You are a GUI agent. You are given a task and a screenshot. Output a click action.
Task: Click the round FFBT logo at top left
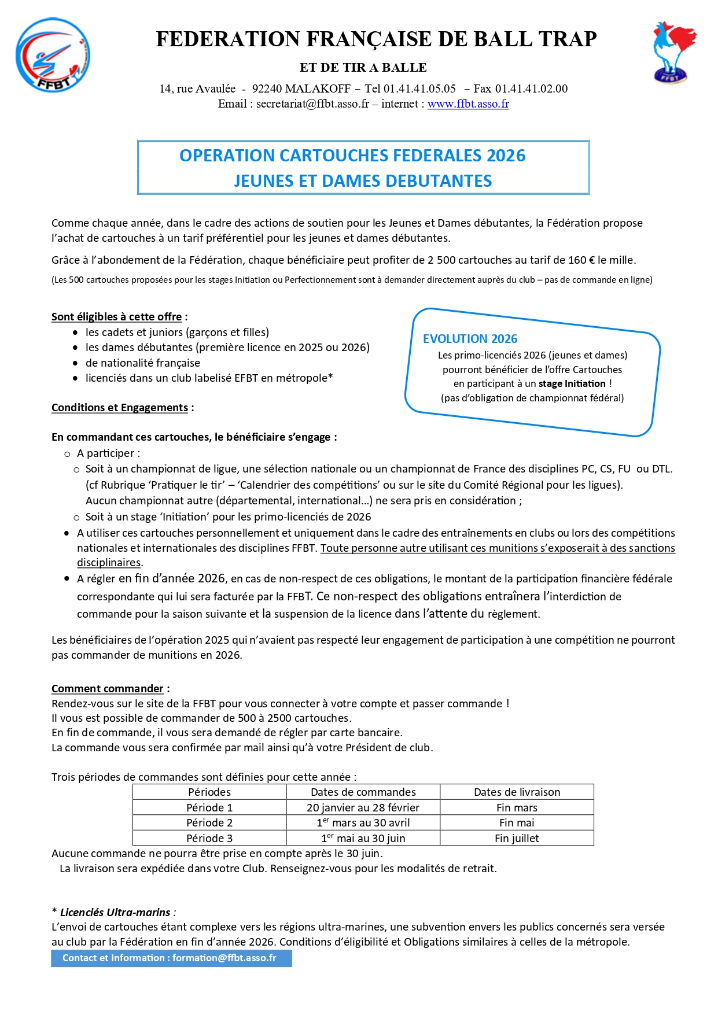(53, 56)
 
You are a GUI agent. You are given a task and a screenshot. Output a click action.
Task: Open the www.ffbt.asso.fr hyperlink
(467, 104)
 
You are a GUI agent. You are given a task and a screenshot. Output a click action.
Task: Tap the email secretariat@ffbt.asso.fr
(312, 104)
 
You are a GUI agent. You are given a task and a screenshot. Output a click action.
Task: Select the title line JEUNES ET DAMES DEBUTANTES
(363, 181)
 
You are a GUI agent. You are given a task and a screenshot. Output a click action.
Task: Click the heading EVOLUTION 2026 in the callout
(470, 339)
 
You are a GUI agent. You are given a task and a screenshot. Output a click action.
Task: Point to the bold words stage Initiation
(572, 383)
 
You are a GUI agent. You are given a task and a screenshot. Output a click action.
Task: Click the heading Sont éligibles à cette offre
(116, 317)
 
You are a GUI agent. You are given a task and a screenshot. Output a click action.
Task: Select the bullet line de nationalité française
(142, 363)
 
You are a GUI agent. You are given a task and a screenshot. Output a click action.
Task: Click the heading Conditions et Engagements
(119, 408)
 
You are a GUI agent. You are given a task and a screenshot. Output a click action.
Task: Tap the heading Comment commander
(107, 689)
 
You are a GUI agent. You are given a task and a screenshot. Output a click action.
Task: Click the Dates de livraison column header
(517, 792)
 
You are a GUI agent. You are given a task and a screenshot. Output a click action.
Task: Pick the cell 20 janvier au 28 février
(363, 808)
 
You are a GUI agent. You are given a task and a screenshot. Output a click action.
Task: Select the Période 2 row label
(209, 823)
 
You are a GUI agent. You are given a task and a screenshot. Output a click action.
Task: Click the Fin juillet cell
(517, 839)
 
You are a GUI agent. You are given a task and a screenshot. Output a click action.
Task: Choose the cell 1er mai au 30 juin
(363, 839)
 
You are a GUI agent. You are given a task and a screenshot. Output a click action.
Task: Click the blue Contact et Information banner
(171, 958)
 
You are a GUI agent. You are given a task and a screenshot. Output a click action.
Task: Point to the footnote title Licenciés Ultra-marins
(115, 913)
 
